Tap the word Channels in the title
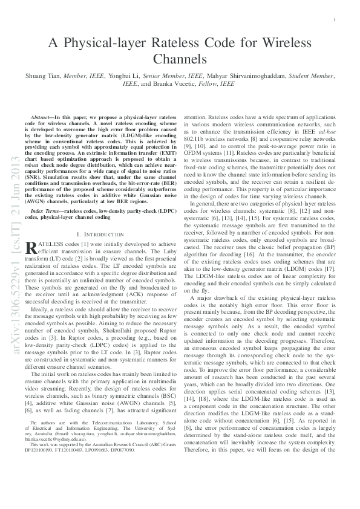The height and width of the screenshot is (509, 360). (180, 59)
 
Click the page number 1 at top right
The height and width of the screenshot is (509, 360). (334, 20)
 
